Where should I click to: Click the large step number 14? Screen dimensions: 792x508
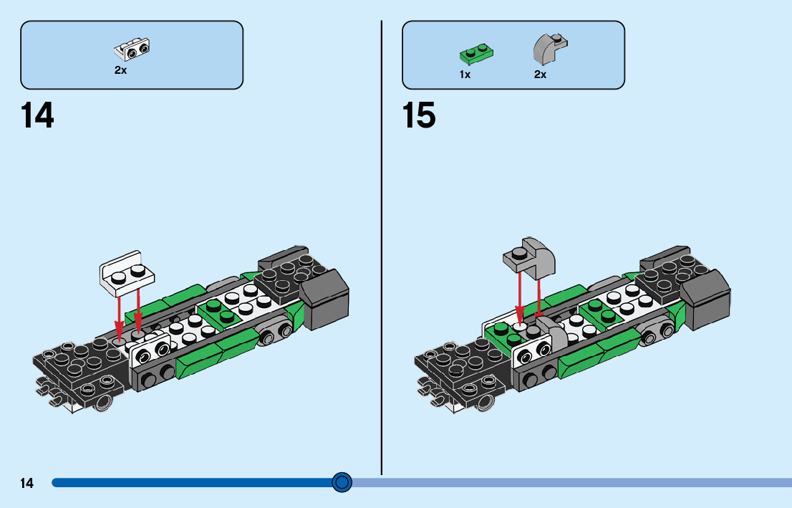pos(37,115)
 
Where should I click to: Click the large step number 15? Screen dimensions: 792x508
pos(419,115)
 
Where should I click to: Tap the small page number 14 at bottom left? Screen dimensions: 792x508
pos(26,483)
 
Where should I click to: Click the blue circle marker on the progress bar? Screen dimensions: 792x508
pos(342,482)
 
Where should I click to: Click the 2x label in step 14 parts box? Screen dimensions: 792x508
pos(120,71)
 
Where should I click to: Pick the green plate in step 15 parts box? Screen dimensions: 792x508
pos(476,53)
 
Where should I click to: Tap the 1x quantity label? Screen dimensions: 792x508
pos(465,75)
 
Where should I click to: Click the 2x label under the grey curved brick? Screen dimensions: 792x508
pos(540,75)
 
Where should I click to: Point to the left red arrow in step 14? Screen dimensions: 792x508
pos(120,312)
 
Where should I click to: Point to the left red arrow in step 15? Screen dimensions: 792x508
pos(517,298)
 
